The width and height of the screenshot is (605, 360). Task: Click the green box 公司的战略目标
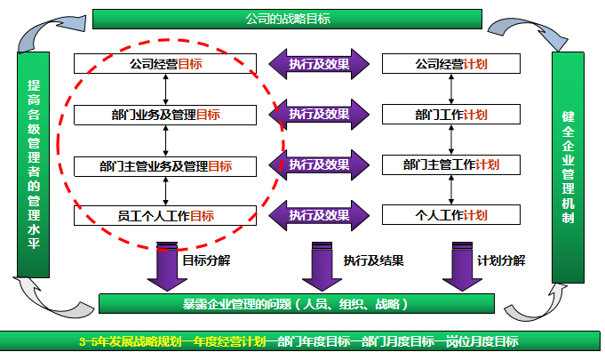[x=287, y=19]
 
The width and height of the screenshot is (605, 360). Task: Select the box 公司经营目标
[x=166, y=64]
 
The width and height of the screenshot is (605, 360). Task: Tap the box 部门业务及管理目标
[x=166, y=115]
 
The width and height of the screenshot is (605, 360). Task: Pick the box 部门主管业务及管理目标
[x=166, y=165]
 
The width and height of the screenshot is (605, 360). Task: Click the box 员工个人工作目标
[x=166, y=215]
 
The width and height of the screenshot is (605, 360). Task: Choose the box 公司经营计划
[x=451, y=64]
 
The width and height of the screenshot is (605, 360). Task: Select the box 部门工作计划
[x=451, y=115]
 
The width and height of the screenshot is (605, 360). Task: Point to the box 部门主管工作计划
[x=451, y=165]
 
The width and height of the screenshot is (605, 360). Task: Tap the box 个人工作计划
[x=451, y=215]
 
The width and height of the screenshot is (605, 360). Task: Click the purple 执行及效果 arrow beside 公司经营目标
[x=318, y=64]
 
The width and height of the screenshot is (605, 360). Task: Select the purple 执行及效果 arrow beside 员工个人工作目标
[x=318, y=215]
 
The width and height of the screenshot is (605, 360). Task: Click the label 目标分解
[x=207, y=260]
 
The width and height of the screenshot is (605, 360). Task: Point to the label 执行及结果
[x=374, y=261]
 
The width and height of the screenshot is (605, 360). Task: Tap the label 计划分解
[x=501, y=260]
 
